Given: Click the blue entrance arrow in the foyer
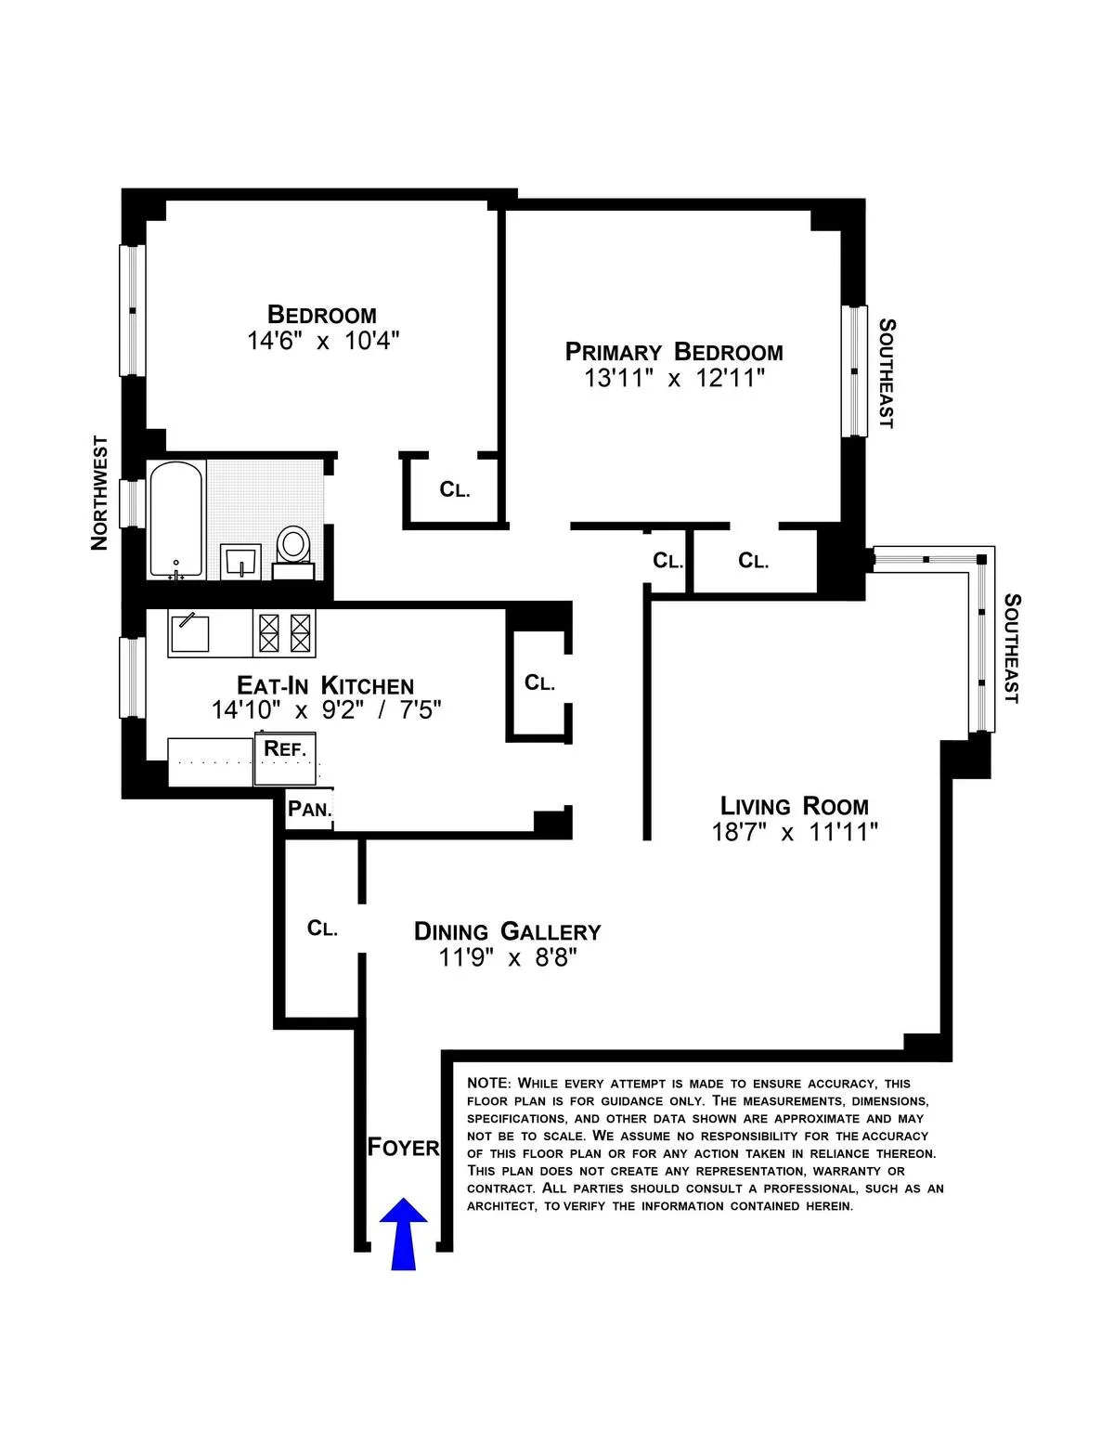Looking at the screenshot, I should (403, 1232).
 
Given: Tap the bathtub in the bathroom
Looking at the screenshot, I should (175, 520).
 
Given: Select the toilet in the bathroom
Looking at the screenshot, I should (294, 548).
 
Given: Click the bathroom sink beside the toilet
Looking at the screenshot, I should (241, 562).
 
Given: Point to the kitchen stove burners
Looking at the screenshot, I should (285, 633).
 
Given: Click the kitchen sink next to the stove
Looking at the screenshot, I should (189, 633).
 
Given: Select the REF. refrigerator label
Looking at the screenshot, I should (285, 748).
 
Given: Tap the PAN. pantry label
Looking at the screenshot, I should (309, 809).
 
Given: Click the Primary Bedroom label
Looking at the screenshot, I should (674, 352).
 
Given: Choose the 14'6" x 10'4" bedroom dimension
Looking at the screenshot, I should (322, 341).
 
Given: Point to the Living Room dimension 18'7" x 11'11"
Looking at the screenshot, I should (795, 832).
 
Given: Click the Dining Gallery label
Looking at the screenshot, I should (507, 931).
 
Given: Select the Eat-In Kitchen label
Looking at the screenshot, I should (325, 685).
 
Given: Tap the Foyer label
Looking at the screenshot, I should (403, 1147).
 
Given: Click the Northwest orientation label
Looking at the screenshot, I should (99, 493).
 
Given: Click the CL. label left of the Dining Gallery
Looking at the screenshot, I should (322, 929).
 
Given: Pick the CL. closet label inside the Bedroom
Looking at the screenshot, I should (455, 489).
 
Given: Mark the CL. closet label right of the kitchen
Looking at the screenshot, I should (539, 683).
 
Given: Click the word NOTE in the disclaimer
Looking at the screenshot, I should (487, 1084).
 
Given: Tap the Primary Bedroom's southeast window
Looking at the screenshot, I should (854, 370).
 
